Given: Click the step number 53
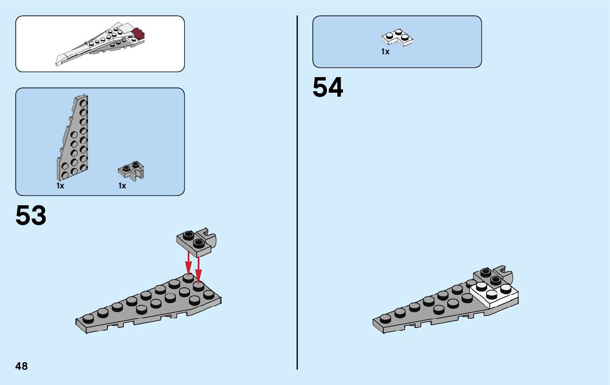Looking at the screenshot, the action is [x=31, y=216].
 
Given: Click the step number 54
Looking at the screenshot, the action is [x=328, y=88].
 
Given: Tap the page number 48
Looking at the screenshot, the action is [x=22, y=366].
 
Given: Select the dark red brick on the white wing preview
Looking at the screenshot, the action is [x=140, y=34].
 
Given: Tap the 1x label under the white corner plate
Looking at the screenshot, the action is [x=385, y=52].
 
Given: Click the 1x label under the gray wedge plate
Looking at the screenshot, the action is [x=60, y=186].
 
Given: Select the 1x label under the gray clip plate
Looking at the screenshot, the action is [x=122, y=186].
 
